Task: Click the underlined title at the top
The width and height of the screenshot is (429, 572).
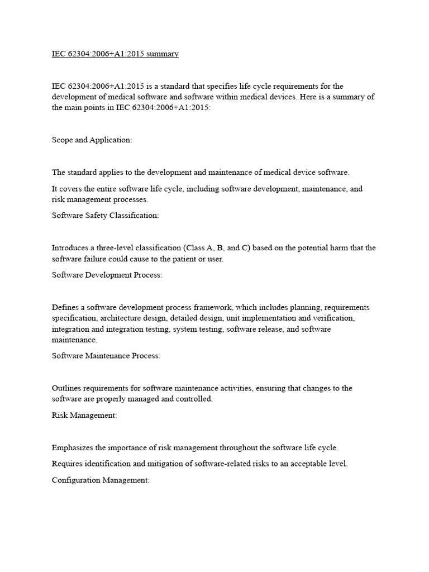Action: pos(115,54)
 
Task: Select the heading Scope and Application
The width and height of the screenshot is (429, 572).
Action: pos(92,140)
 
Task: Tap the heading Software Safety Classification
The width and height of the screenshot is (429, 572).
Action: pos(106,215)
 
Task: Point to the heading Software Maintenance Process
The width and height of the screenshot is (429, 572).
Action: pos(106,356)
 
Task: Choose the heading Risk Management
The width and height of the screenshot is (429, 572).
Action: pos(84,415)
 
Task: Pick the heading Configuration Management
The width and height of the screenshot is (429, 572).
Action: pos(101,480)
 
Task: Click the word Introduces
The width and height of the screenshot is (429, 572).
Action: pos(70,247)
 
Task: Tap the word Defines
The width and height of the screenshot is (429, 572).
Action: pos(66,307)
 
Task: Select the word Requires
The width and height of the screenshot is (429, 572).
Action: pos(69,464)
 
